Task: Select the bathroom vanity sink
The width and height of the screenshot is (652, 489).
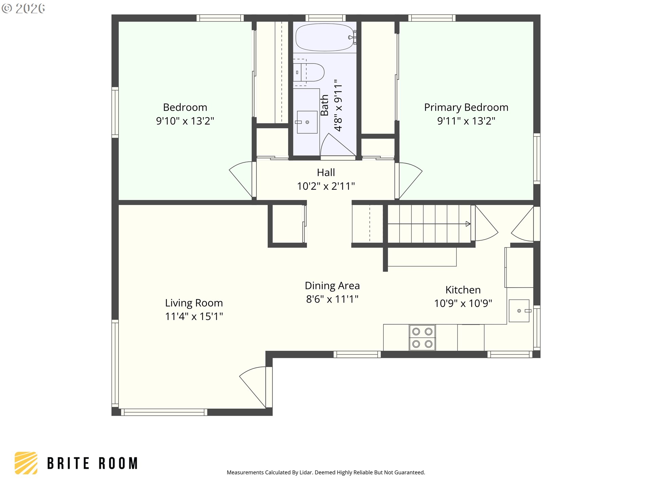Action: [307, 122]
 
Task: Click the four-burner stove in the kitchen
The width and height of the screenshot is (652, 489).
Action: [422, 338]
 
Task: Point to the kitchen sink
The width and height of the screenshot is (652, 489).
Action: [519, 311]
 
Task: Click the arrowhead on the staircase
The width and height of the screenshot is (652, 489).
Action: [468, 224]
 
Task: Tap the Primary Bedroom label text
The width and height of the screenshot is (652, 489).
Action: [466, 107]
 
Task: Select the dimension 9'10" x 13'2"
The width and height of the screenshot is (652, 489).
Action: [185, 121]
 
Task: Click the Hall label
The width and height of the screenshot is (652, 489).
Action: [326, 173]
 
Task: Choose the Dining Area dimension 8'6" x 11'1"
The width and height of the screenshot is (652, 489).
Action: [332, 299]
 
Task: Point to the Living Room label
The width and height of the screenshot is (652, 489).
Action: [194, 303]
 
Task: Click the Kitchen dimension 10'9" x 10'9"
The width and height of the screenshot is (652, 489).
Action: [463, 303]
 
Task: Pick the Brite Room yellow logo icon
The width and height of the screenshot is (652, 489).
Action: [26, 463]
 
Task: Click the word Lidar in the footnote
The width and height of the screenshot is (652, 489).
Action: [306, 472]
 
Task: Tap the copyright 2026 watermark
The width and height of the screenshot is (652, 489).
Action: [23, 8]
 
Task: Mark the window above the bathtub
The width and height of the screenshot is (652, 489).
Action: [325, 18]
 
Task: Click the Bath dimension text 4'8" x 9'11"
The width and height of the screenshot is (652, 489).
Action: [338, 105]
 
